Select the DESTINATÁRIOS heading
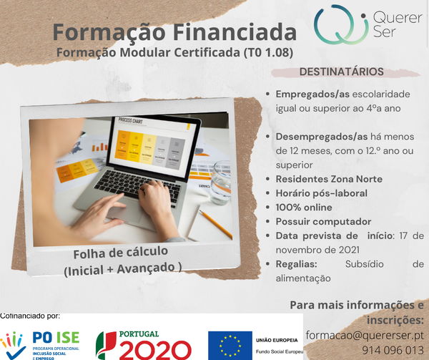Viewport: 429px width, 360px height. (x=341, y=72)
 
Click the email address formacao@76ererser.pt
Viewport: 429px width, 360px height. (x=365, y=334)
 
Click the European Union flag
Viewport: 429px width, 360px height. (x=230, y=344)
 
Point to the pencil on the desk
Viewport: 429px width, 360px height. (x=214, y=223)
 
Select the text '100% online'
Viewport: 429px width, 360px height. (x=303, y=207)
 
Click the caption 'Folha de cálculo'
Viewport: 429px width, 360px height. (x=120, y=252)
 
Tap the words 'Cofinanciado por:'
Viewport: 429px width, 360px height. (x=30, y=316)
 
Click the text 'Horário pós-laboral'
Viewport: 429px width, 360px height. (x=321, y=193)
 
